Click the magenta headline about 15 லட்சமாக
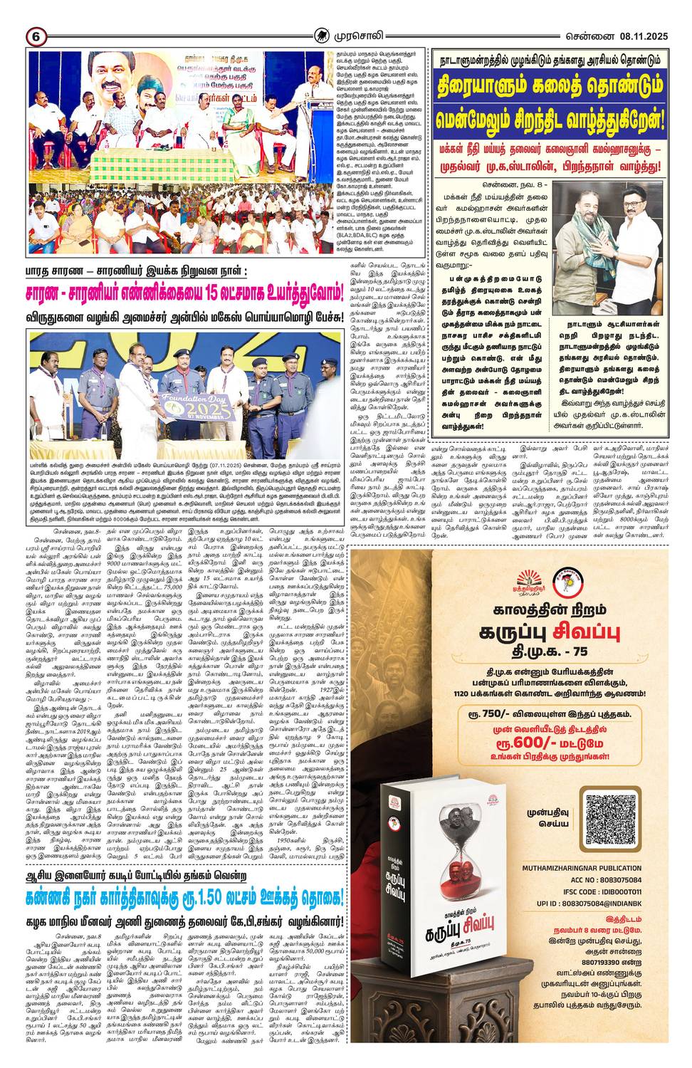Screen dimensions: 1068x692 point(184,293)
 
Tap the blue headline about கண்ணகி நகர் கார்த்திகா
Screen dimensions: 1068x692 point(184,895)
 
